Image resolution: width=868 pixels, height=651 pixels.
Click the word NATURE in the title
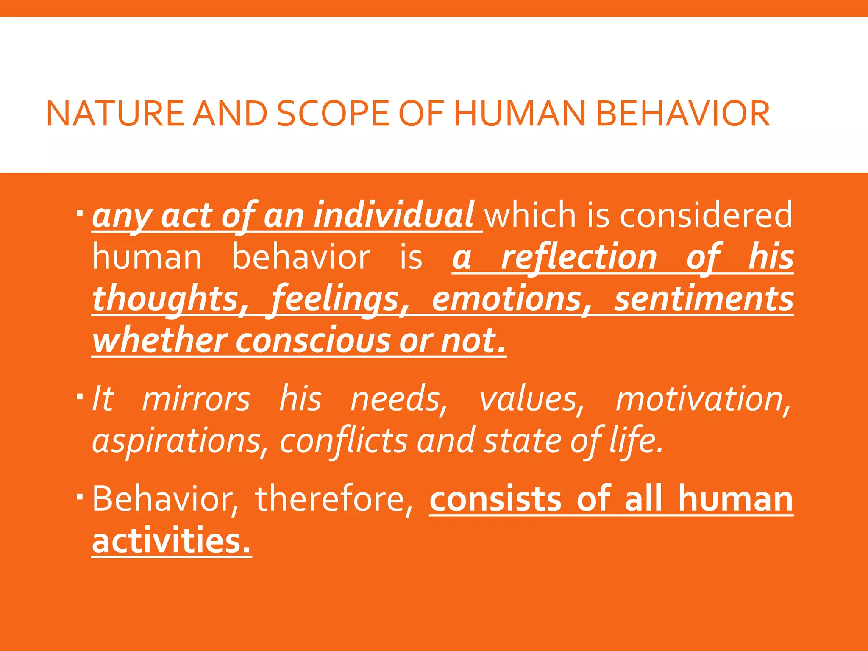click(x=115, y=114)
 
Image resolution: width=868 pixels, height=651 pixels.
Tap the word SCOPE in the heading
click(x=333, y=114)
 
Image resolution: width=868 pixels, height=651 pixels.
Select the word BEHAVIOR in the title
click(x=683, y=114)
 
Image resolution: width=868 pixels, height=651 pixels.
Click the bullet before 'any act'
click(x=80, y=211)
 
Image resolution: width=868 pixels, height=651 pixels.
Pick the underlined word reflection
click(x=579, y=257)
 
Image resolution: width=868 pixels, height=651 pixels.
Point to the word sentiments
click(x=704, y=299)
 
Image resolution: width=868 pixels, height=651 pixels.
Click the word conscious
click(x=313, y=341)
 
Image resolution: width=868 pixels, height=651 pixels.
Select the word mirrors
click(x=196, y=399)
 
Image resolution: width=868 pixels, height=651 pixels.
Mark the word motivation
click(x=703, y=399)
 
